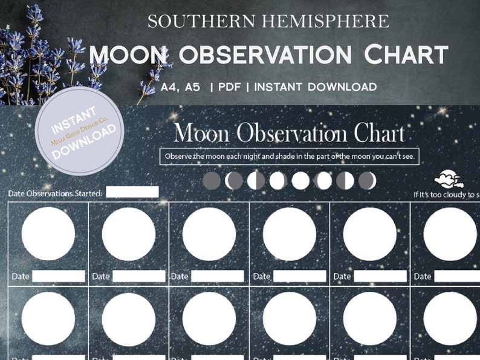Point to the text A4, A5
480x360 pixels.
pos(181,87)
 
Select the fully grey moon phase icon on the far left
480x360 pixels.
pos(212,180)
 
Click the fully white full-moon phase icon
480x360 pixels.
pos(300,180)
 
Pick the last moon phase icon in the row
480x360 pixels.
pos(367,180)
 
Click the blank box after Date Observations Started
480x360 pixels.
pos(132,192)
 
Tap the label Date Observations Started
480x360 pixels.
pos(55,194)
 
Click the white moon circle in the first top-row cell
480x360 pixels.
pos(48,234)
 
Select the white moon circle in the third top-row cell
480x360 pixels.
pos(209,234)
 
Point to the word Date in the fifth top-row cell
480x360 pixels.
pos(342,276)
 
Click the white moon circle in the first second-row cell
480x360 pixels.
pos(48,318)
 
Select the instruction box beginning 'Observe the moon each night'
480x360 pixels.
pos(290,157)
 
